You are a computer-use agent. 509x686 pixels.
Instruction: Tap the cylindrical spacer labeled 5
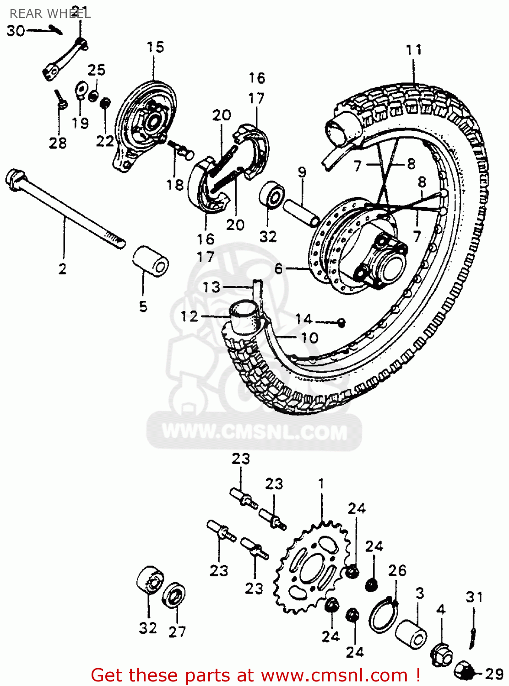click(x=151, y=261)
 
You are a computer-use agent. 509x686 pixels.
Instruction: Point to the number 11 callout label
click(x=414, y=50)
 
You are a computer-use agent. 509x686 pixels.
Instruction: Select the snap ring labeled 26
click(x=383, y=615)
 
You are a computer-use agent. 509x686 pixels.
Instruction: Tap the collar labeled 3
click(x=411, y=633)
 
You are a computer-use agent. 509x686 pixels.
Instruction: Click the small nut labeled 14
click(x=341, y=322)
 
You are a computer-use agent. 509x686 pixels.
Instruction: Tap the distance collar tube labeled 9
click(x=301, y=213)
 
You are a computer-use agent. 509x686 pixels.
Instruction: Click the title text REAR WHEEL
click(x=49, y=14)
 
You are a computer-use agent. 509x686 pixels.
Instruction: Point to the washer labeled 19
click(x=82, y=90)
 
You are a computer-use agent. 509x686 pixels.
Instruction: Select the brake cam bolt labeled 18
click(x=182, y=150)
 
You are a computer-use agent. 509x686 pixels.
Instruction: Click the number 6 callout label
click(x=278, y=269)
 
